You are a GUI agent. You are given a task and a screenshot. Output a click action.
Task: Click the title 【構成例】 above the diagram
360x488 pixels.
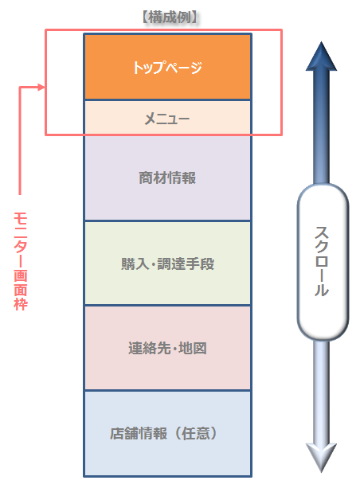pyautogui.click(x=170, y=17)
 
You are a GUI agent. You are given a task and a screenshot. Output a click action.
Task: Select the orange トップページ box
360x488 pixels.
pyautogui.click(x=167, y=67)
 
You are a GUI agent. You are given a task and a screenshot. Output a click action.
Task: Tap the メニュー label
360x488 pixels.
pyautogui.click(x=167, y=119)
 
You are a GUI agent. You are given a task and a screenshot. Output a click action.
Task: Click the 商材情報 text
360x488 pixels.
pyautogui.click(x=167, y=178)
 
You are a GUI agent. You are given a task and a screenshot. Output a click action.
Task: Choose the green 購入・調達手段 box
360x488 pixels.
pyautogui.click(x=167, y=264)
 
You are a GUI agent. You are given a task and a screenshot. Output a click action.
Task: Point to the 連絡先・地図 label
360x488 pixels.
pyautogui.click(x=167, y=348)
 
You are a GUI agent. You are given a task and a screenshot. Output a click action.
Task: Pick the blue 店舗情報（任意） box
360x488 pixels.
pyautogui.click(x=167, y=433)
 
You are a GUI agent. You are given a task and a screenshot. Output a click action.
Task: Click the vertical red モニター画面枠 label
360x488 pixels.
pyautogui.click(x=21, y=261)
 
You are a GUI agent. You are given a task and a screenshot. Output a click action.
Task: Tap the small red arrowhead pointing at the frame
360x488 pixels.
pyautogui.click(x=41, y=87)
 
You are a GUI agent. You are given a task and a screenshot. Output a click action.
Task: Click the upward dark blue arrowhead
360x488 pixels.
pyautogui.click(x=322, y=57)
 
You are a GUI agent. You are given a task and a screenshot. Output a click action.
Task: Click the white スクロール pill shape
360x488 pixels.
pyautogui.click(x=323, y=262)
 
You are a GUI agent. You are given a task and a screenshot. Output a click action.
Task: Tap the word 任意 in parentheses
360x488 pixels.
pyautogui.click(x=196, y=433)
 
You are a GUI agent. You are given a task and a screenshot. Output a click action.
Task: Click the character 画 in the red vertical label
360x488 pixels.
pyautogui.click(x=21, y=275)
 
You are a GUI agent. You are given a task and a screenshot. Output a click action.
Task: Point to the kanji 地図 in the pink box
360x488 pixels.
pyautogui.click(x=193, y=348)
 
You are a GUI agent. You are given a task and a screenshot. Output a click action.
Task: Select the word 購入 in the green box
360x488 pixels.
pyautogui.click(x=135, y=264)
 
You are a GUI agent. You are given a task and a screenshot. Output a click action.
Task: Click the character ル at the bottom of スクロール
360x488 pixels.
pyautogui.click(x=322, y=289)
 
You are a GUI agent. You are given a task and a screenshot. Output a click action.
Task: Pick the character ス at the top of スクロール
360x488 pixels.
pyautogui.click(x=322, y=233)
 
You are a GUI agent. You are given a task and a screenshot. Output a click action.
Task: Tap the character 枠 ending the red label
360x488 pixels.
pyautogui.click(x=21, y=304)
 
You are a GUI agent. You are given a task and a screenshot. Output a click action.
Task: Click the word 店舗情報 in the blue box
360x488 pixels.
pyautogui.click(x=139, y=433)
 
